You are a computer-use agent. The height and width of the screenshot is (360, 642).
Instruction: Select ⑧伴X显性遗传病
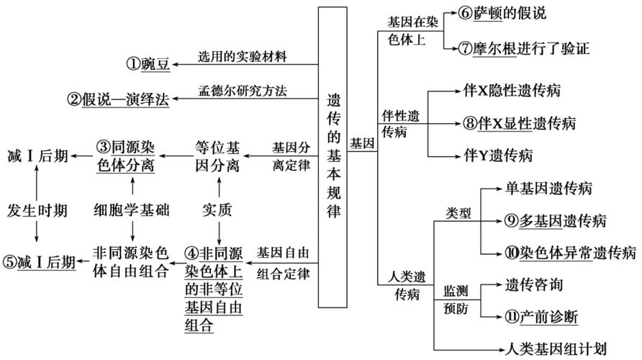(x=520, y=123)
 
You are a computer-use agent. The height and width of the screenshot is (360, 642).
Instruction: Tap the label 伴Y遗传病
(x=497, y=155)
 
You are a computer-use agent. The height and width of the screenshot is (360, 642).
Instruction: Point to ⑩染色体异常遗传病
(x=570, y=252)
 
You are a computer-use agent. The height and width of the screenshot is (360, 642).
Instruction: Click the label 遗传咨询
(x=534, y=284)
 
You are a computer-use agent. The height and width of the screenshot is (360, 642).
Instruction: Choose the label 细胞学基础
(x=132, y=210)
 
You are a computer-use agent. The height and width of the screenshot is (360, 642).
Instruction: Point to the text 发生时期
(x=37, y=210)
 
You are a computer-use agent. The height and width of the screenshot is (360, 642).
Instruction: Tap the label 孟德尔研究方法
(x=242, y=91)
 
